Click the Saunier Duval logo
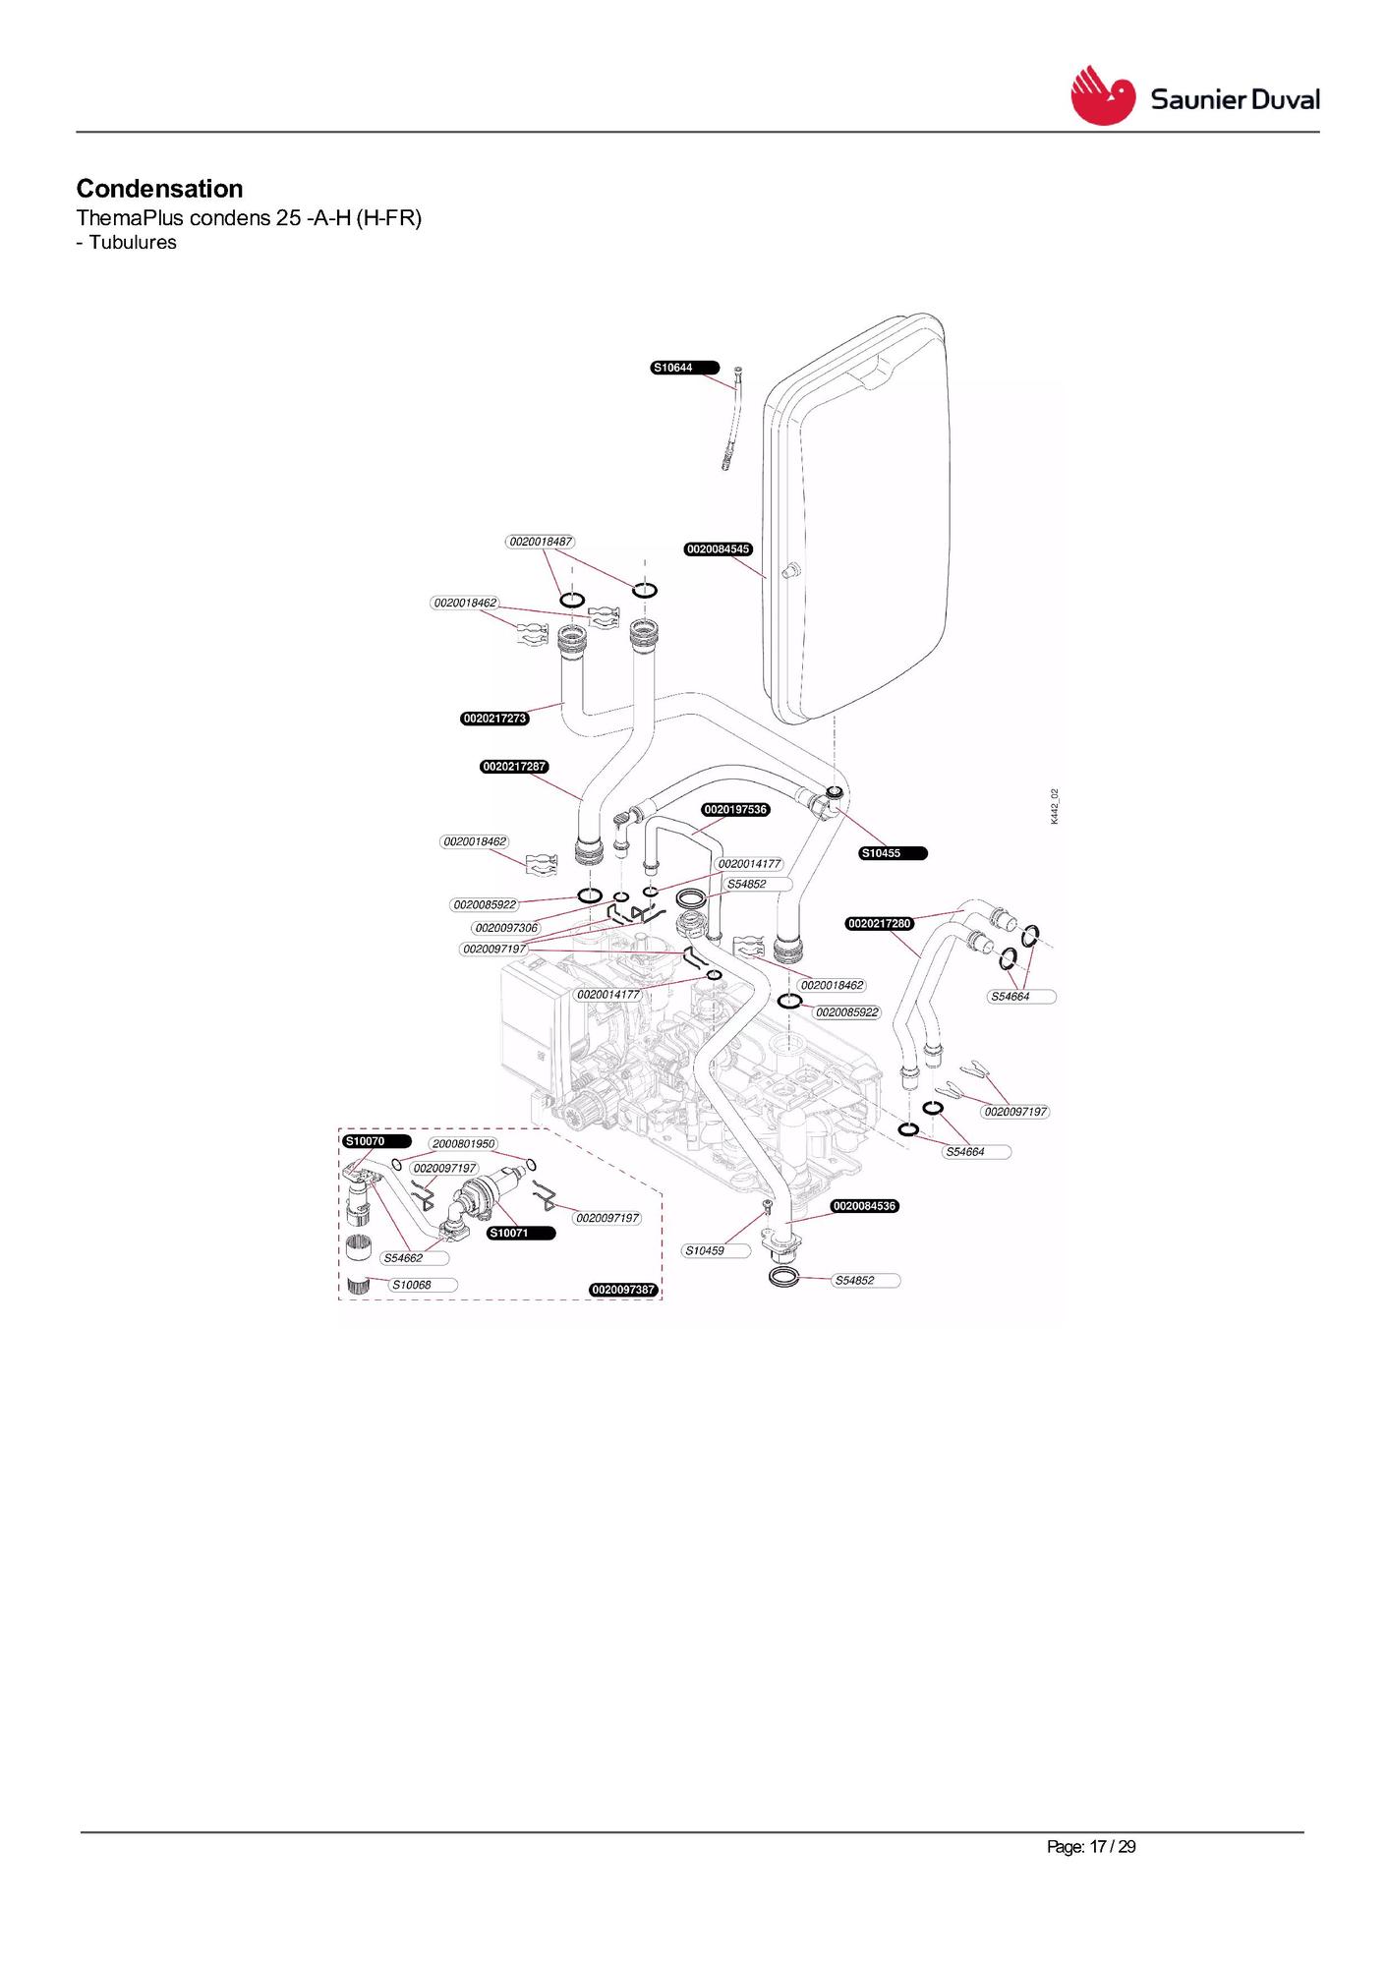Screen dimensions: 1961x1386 tap(1194, 96)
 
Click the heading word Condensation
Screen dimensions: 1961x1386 tap(159, 189)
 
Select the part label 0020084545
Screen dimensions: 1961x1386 tap(719, 548)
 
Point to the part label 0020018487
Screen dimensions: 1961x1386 tap(541, 542)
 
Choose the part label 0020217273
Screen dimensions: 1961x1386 tap(495, 719)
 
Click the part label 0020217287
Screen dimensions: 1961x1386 tap(514, 767)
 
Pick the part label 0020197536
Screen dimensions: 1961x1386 tap(735, 810)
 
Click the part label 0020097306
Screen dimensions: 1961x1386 tap(506, 928)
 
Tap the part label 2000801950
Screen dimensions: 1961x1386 tap(464, 1144)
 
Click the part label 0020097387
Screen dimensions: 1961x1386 tap(623, 1290)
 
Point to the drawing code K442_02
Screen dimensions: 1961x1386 tap(1054, 806)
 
